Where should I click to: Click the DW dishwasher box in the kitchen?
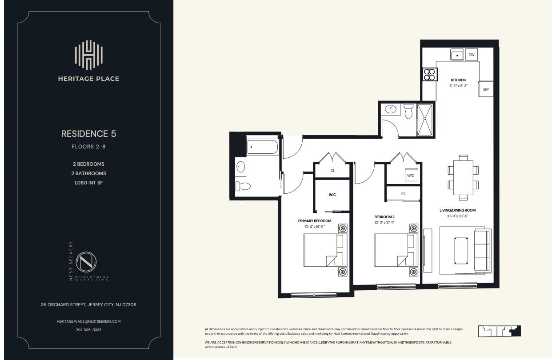472,55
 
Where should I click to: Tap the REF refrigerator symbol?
486,90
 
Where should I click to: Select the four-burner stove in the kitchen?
429,74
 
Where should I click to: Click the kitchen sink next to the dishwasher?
457,55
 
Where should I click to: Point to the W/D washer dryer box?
411,176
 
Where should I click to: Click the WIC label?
332,195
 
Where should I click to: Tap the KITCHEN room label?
458,80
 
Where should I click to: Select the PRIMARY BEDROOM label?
315,221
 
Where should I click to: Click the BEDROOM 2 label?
384,217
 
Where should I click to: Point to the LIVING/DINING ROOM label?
458,210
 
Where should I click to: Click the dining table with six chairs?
463,177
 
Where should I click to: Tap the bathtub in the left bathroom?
262,147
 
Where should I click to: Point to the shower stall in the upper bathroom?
425,119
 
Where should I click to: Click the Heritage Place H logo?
88,55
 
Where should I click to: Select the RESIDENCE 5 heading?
88,134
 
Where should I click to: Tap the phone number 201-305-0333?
88,330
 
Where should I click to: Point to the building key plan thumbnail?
499,331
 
